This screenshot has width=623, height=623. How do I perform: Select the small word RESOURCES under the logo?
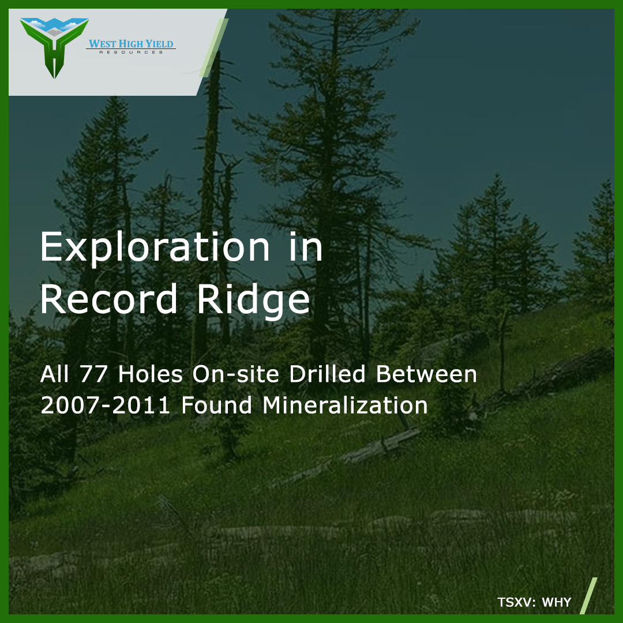pos(131,52)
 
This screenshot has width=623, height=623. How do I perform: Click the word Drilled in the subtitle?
pos(328,374)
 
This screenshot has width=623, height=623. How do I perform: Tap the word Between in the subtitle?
pos(427,374)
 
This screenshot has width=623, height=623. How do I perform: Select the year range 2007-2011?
pos(106,405)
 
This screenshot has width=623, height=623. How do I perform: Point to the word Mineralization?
pos(345,405)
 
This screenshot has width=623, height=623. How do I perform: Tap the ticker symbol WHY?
pos(557,603)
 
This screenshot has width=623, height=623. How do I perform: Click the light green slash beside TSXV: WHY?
pos(588,596)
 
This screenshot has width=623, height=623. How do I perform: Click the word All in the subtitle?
pos(55,374)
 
